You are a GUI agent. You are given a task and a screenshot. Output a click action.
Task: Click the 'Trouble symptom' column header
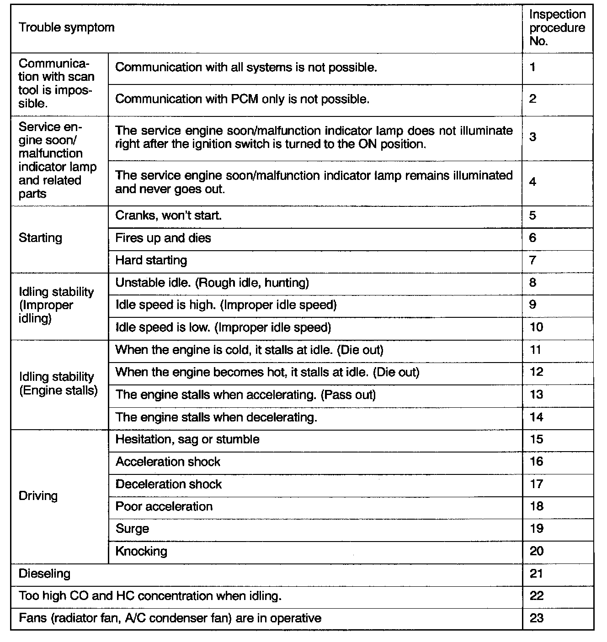67,27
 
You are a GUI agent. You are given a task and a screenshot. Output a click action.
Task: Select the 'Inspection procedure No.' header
557,28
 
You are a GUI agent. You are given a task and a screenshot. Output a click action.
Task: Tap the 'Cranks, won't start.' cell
168,216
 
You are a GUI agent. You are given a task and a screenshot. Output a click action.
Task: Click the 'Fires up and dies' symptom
163,238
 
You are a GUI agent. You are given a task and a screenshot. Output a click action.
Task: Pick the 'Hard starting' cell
151,260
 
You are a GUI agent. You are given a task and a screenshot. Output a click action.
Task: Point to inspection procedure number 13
536,395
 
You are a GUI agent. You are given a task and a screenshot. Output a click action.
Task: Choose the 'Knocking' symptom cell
141,551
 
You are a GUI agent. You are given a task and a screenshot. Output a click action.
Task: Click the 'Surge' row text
132,529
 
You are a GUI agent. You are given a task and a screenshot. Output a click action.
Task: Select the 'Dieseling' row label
44,574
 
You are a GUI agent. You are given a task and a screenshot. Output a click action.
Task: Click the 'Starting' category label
40,238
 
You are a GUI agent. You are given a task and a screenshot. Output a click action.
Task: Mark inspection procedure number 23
536,618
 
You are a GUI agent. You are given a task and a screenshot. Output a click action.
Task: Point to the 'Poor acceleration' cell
164,506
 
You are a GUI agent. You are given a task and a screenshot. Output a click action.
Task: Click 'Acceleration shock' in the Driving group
168,462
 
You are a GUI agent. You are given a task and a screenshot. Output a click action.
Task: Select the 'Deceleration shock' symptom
169,484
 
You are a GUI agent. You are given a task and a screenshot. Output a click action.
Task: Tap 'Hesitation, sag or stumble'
187,439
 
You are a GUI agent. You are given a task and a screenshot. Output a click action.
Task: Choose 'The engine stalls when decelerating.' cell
216,417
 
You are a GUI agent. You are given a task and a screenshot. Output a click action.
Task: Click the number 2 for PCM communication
532,99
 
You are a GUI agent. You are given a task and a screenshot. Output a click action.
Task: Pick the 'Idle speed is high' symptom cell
226,305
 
